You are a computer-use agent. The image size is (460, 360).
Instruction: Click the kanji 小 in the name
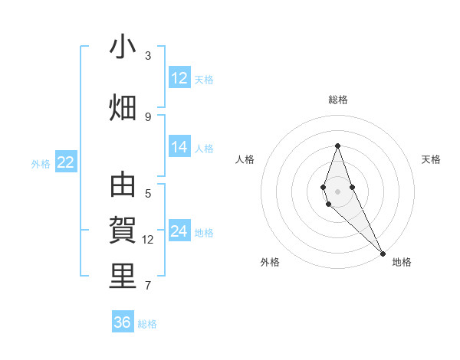click(x=123, y=48)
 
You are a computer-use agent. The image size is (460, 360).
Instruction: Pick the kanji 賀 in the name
click(x=123, y=231)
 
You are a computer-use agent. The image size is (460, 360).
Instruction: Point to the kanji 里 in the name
click(x=123, y=277)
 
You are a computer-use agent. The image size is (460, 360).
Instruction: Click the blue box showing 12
click(x=179, y=78)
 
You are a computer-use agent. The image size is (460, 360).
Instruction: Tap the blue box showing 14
click(x=179, y=148)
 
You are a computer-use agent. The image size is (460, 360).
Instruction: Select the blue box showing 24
click(x=179, y=231)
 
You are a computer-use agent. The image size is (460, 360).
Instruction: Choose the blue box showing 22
click(x=66, y=162)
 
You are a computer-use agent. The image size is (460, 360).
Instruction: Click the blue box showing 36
click(x=123, y=322)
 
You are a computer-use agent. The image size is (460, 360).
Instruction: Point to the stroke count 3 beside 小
click(x=148, y=56)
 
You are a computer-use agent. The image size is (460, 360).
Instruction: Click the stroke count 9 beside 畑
click(x=148, y=116)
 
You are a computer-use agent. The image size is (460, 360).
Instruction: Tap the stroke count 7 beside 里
click(x=148, y=286)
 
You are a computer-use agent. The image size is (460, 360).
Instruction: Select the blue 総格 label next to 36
click(x=147, y=324)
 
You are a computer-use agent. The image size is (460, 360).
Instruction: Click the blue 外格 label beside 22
click(x=41, y=163)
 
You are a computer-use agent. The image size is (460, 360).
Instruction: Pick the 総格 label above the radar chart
click(x=338, y=100)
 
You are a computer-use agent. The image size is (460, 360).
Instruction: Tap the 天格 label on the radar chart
click(x=432, y=159)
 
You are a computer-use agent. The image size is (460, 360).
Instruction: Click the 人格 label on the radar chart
click(x=245, y=159)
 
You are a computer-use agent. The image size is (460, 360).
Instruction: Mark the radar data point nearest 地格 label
click(x=383, y=253)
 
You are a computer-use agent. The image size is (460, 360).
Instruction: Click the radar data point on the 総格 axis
click(x=337, y=146)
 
